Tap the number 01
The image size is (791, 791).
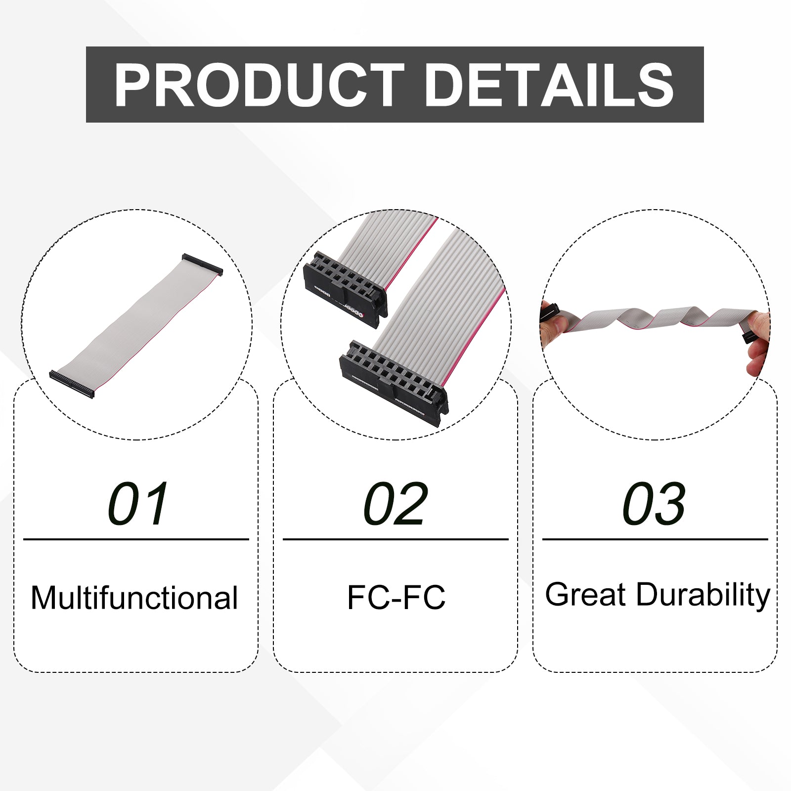138,504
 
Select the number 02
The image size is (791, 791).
395,504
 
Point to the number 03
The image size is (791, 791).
654,504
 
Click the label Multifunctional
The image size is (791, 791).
134,598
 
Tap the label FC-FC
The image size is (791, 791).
396,597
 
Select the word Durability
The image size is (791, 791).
703,595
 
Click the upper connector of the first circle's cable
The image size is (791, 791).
202,264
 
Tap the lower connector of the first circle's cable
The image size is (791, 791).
72,384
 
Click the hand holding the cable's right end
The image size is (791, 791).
757,341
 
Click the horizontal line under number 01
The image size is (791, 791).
136,539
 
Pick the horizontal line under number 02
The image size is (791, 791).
395,539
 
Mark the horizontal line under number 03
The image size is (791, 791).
655,539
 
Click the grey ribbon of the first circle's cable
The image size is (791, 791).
136,324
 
